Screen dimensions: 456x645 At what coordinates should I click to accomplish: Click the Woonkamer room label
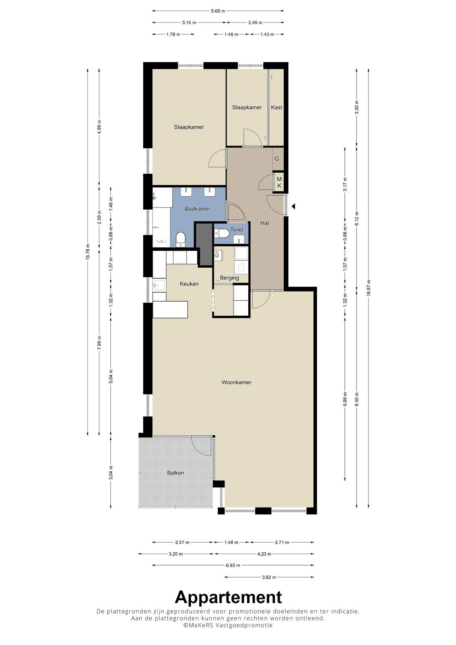coord(236,383)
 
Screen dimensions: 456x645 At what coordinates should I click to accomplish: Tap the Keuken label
coord(189,284)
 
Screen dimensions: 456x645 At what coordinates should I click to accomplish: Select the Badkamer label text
coord(198,209)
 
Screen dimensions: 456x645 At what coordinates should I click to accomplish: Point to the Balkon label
coord(175,473)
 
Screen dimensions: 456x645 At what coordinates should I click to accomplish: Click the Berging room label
coord(229,278)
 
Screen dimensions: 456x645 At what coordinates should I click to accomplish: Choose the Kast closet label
coord(277,107)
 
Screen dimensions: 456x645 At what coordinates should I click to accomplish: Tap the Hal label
coord(264,223)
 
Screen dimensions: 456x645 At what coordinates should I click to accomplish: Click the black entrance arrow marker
coord(293,206)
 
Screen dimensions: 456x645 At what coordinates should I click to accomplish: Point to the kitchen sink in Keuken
coord(159,285)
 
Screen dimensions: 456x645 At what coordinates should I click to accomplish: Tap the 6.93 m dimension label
coord(233,565)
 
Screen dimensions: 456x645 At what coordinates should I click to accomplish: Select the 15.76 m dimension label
coord(88,252)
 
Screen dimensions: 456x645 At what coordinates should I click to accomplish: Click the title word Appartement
coord(228,597)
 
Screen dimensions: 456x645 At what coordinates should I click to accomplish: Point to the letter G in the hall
coord(277,159)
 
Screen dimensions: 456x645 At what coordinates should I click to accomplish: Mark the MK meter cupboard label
coord(279,183)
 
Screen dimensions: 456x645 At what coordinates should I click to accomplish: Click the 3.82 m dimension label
coord(269,577)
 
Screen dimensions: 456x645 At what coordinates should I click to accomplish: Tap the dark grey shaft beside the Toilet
coord(204,245)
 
